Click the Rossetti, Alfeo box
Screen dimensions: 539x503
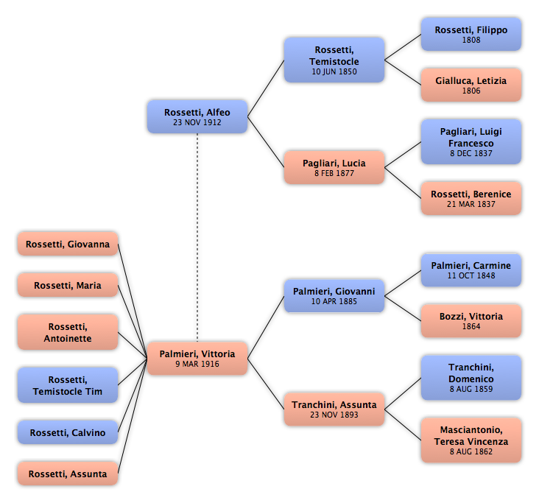tap(197, 117)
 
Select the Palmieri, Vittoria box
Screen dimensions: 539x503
tap(197, 358)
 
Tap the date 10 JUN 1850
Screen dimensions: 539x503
tap(334, 71)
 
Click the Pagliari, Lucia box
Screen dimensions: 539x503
tap(334, 167)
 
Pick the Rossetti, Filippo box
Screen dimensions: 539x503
tap(471, 35)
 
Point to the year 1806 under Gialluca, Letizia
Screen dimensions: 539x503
tap(471, 91)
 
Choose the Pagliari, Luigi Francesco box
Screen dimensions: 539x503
tap(471, 141)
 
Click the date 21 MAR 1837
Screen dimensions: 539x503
tap(471, 204)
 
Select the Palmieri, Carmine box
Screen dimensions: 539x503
tap(471, 270)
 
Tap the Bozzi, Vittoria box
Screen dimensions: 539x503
tap(471, 321)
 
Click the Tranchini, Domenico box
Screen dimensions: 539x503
tap(471, 378)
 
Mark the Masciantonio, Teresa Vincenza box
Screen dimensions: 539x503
tap(471, 440)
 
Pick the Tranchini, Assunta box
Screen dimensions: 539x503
tap(334, 409)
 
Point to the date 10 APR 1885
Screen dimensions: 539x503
tap(334, 301)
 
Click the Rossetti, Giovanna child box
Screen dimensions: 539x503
tap(68, 244)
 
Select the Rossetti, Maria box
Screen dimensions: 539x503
tap(68, 285)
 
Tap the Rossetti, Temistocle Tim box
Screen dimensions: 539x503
tap(68, 385)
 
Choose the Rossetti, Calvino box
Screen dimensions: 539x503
tap(68, 432)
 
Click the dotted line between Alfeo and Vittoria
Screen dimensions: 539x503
tap(197, 238)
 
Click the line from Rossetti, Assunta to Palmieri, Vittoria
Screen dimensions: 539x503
tap(133, 416)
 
